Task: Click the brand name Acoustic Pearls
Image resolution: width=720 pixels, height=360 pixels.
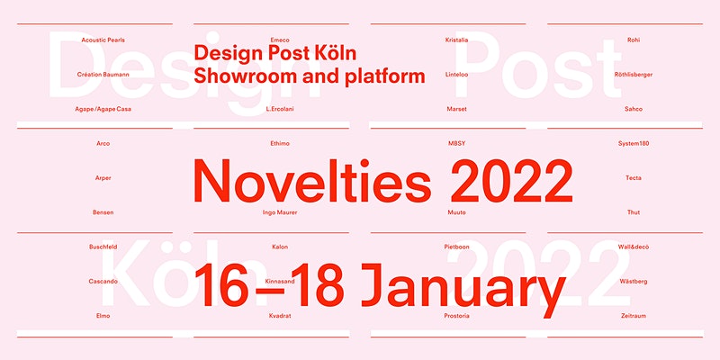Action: [x=103, y=40]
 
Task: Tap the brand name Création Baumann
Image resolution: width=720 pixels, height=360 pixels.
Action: [x=103, y=75]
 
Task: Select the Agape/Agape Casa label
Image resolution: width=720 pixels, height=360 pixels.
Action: [x=103, y=109]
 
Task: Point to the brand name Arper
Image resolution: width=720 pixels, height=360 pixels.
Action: [x=103, y=178]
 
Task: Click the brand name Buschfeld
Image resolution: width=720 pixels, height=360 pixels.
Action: [x=103, y=247]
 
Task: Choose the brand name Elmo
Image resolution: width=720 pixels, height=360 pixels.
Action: [x=103, y=316]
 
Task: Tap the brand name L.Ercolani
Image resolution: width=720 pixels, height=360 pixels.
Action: [x=280, y=109]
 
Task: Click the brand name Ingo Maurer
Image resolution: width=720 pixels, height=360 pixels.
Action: [x=280, y=212]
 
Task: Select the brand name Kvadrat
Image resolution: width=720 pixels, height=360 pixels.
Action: [x=280, y=316]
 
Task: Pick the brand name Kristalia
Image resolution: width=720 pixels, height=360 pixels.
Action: [x=456, y=40]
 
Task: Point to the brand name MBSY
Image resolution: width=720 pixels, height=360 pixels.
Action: [x=456, y=143]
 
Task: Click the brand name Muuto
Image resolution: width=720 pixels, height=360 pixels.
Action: [x=456, y=212]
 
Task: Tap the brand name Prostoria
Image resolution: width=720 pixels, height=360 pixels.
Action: [x=456, y=316]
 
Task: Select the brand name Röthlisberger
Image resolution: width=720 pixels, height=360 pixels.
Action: [x=634, y=75]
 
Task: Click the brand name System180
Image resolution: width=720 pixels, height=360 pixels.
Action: [x=634, y=143]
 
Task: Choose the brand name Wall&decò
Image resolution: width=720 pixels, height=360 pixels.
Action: [x=634, y=247]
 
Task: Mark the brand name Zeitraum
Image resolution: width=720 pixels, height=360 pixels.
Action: [x=634, y=316]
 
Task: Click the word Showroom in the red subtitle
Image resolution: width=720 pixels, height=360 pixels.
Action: [x=245, y=76]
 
